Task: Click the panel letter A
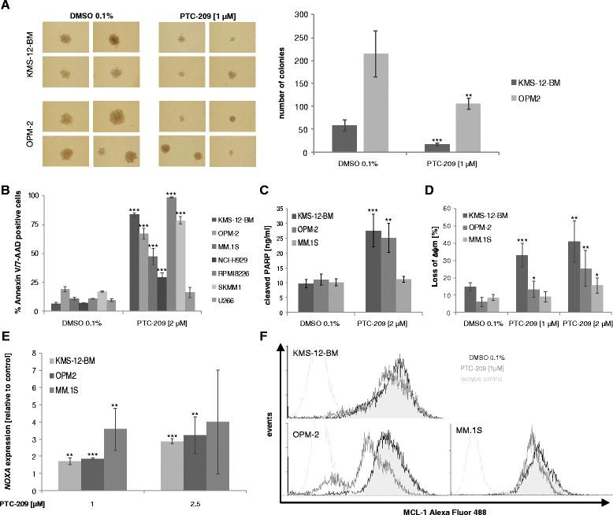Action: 6,6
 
